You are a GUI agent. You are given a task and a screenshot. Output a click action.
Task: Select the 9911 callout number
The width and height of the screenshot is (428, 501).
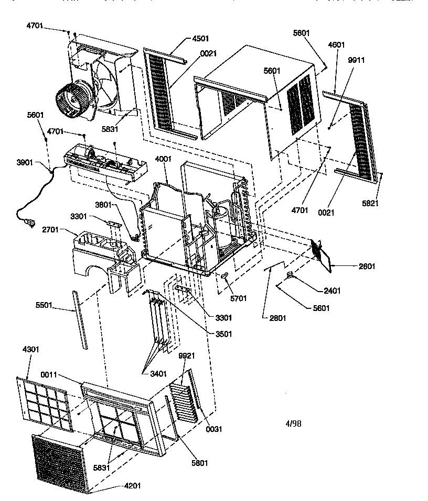(356, 60)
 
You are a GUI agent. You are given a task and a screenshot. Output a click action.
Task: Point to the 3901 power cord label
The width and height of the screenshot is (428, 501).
(25, 163)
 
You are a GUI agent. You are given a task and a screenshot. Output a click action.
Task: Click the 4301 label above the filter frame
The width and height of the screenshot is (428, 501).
(31, 349)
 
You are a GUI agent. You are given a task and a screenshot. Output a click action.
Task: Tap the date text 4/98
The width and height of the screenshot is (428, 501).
(293, 424)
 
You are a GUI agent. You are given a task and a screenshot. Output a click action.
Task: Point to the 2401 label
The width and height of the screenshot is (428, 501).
(332, 291)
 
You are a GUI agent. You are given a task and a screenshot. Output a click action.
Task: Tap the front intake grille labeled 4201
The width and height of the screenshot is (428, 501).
(58, 463)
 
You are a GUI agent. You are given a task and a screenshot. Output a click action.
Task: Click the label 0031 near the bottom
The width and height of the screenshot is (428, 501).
(214, 429)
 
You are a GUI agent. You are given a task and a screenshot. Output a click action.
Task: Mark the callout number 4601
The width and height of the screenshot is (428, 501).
(336, 45)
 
